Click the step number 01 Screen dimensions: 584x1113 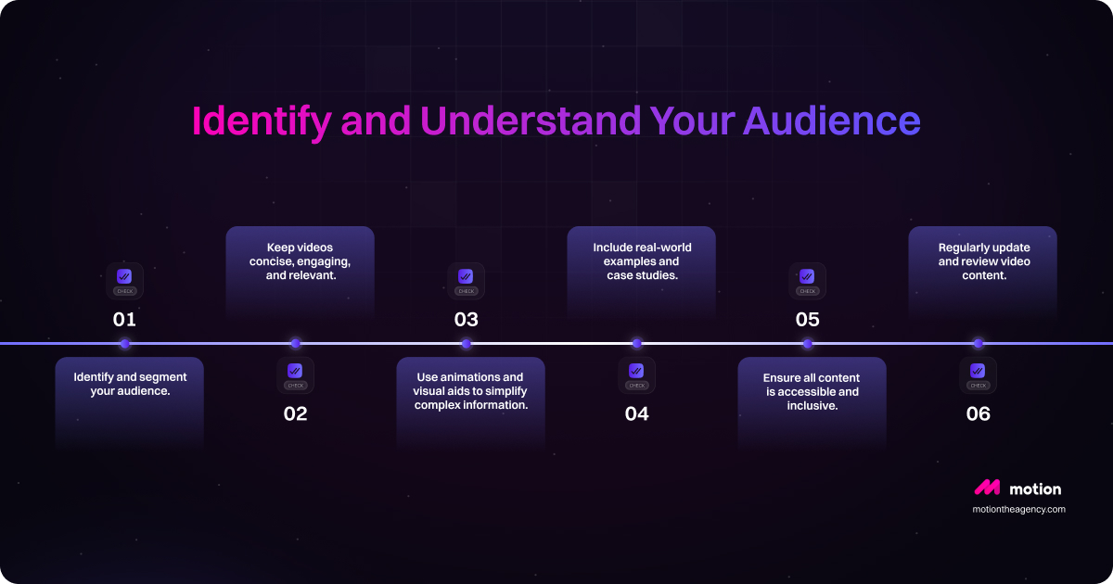click(124, 320)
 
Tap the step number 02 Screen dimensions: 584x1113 click(295, 414)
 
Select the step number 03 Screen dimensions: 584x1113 click(466, 320)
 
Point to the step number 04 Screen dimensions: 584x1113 click(636, 414)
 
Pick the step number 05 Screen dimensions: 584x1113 click(807, 320)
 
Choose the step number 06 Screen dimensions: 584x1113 click(978, 414)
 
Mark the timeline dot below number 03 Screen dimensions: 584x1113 click(466, 344)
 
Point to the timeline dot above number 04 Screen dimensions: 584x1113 click(636, 344)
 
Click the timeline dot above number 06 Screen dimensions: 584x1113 click(978, 344)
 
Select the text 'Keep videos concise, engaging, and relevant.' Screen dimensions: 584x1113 click(300, 261)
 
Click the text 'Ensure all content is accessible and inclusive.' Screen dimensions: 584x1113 click(812, 391)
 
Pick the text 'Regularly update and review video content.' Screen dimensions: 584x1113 click(983, 261)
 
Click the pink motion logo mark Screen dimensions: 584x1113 click(986, 488)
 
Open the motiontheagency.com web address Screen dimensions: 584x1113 click(1018, 509)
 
